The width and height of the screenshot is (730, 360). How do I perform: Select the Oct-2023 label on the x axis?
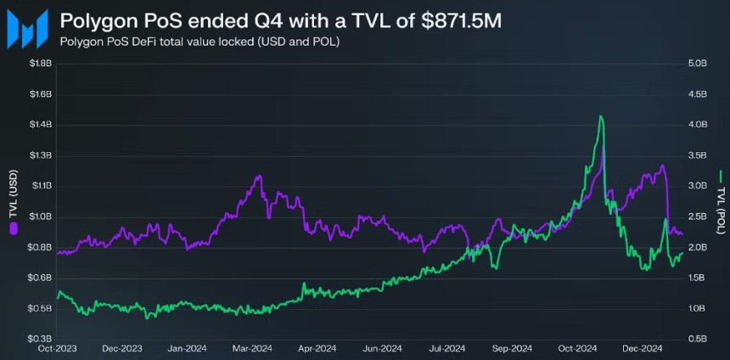tap(57, 347)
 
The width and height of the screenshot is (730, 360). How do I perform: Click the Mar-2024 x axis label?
tap(252, 347)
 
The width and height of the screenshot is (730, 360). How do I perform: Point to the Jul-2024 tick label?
tap(447, 347)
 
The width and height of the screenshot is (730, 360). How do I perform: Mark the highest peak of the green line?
tap(601, 116)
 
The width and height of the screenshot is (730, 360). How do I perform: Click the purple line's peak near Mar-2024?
tap(259, 177)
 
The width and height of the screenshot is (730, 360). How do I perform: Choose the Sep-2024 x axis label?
tap(513, 347)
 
